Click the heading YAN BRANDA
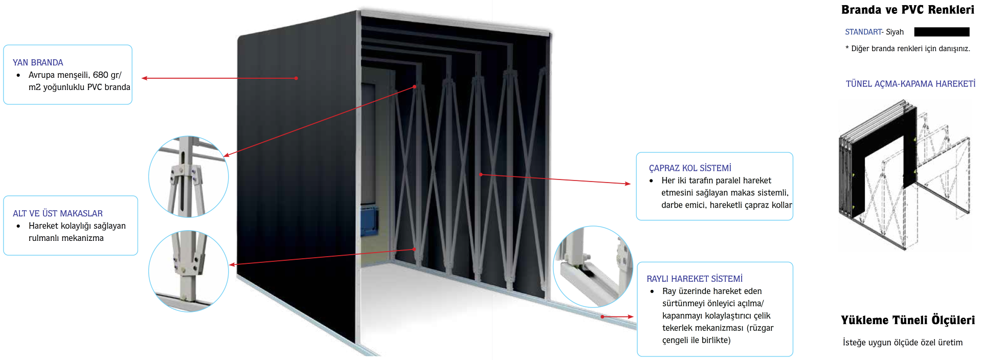coord(38,62)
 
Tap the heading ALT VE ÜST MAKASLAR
coord(58,213)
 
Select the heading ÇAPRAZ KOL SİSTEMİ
coord(690,168)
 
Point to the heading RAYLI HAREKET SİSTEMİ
coord(695,279)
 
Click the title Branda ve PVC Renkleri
coord(908,10)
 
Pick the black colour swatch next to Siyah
coord(942,32)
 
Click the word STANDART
coord(863,32)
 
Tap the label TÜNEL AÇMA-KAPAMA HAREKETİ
coord(910,83)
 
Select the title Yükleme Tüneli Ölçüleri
coord(908,320)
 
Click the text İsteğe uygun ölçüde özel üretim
coord(903,342)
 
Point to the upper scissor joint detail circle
coord(188,177)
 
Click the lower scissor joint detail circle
coord(188,271)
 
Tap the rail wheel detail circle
coord(593,266)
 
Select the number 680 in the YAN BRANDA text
coord(100,75)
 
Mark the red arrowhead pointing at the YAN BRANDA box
coord(145,78)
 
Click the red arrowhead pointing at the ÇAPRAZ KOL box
coord(628,184)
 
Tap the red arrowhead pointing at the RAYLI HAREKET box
coord(631,317)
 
